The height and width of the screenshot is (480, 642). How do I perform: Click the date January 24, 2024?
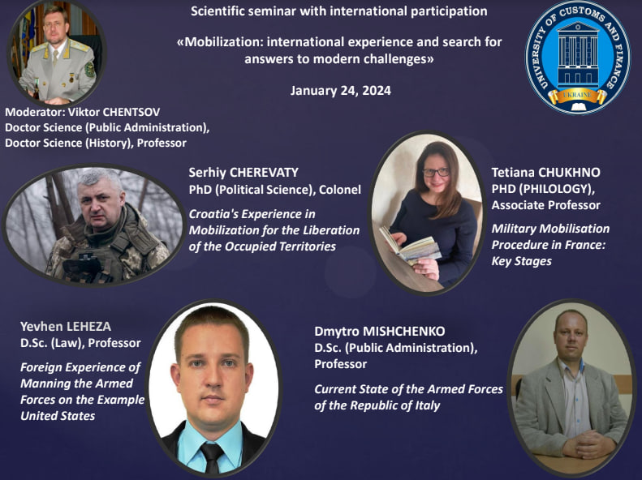tap(341, 90)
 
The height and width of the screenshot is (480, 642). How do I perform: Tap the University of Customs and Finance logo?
tap(577, 58)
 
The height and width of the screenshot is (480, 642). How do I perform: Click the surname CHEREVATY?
tap(264, 173)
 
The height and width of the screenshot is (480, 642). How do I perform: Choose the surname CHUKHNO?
tap(569, 173)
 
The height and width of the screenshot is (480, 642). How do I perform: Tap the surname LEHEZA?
tap(88, 327)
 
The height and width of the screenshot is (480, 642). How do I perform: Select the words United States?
tap(58, 416)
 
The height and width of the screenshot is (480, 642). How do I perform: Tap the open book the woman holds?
tap(409, 245)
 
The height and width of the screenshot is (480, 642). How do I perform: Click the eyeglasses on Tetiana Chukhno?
tap(436, 172)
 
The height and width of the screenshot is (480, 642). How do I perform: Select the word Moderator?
tap(34, 112)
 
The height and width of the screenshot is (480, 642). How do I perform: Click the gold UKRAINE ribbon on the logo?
tap(577, 95)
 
